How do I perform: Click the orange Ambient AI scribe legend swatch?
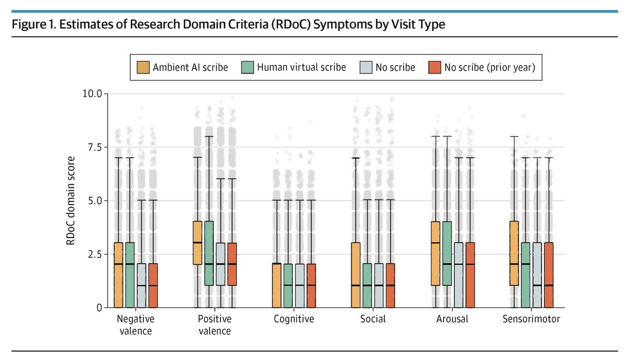142,67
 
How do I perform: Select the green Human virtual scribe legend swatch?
248,67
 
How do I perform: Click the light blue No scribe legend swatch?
366,67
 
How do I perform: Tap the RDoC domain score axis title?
71,200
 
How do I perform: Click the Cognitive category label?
294,319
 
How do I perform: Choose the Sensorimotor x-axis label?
530,319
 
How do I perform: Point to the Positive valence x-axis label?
215,325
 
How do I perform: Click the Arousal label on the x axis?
451,319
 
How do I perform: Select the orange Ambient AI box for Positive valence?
197,243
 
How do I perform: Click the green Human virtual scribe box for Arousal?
446,253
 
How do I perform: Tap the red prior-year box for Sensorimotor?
548,274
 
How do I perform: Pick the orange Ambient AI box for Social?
355,274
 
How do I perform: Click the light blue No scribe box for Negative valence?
142,285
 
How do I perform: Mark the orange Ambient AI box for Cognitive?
277,285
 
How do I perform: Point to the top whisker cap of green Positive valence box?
209,136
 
